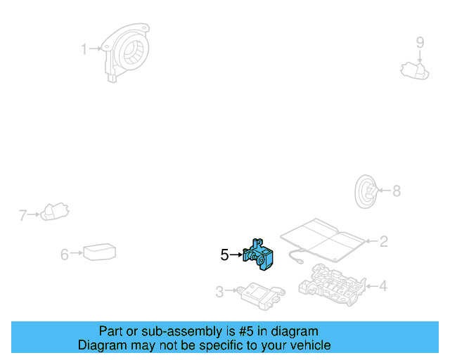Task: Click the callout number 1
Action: click(84, 49)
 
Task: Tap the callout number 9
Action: click(420, 43)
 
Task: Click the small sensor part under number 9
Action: click(413, 69)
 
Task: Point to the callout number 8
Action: click(396, 191)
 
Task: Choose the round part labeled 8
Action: click(366, 191)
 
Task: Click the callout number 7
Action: click(22, 215)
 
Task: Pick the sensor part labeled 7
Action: click(53, 210)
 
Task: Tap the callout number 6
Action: click(65, 254)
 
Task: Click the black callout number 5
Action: click(224, 255)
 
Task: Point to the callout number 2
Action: click(383, 242)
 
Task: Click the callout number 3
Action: click(219, 291)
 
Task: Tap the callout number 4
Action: click(383, 286)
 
